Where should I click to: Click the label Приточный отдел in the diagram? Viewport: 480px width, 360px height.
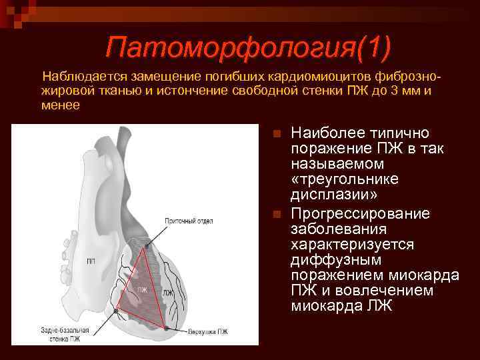[x=189, y=220]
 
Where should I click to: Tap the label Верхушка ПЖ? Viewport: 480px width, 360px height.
[x=207, y=331]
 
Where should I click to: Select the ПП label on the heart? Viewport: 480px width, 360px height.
[x=90, y=261]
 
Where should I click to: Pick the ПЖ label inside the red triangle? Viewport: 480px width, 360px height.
[x=141, y=290]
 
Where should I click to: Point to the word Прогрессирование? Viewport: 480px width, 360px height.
[x=361, y=213]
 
